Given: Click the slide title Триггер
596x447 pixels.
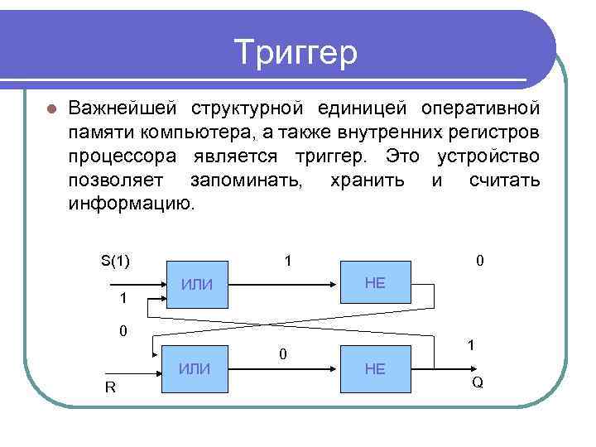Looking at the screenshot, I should [296, 53].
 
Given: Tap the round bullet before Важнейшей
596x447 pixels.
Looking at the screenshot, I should [50, 109].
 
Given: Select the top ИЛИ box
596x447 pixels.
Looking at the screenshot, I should [198, 285].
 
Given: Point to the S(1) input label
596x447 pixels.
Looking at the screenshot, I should [115, 262].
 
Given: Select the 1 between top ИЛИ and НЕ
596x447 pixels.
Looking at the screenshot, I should [286, 262].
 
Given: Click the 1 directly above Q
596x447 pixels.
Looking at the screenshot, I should [470, 347].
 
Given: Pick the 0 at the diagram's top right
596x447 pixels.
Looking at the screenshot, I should [480, 262].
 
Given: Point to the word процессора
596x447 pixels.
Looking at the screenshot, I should [121, 156].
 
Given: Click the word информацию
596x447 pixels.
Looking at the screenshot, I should [132, 204].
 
